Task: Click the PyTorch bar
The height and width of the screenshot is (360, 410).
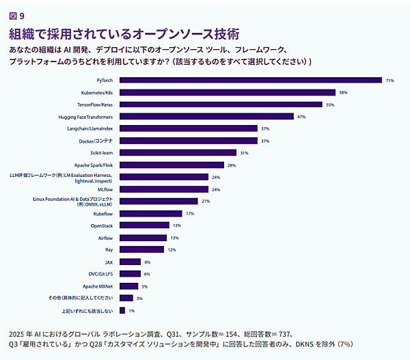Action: coord(250,80)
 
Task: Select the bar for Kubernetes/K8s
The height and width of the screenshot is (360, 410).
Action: coord(227,92)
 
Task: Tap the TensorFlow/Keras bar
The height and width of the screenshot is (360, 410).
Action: coord(221,105)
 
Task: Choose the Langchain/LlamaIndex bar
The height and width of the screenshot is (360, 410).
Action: coord(189,128)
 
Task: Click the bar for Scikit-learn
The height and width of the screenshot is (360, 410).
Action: coord(178,152)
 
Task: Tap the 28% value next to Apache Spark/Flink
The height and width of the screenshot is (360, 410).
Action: coord(231,165)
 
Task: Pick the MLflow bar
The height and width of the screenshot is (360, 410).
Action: coord(164,189)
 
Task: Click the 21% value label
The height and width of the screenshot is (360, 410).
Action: coord(205,201)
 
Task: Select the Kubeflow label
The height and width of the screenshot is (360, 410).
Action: coord(103,213)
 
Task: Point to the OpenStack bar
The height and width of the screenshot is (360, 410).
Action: coord(144,225)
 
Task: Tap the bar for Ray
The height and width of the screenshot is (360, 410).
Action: coord(142,249)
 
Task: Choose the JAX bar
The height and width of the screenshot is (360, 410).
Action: coord(130,262)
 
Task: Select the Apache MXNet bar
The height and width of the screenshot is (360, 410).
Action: coord(128,286)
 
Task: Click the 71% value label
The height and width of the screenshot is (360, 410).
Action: coord(390,80)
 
